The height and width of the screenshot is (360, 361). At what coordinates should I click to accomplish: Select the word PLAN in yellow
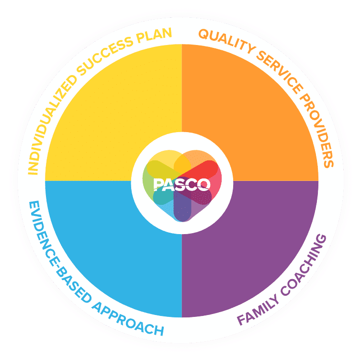pos(154,35)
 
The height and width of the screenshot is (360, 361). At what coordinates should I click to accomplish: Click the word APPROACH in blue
pos(128,319)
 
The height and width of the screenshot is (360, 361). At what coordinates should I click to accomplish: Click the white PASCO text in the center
pos(182,185)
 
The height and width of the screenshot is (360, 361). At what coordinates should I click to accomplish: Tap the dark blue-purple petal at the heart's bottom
pos(182,207)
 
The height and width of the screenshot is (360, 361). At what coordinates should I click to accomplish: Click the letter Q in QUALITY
pos(203,34)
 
